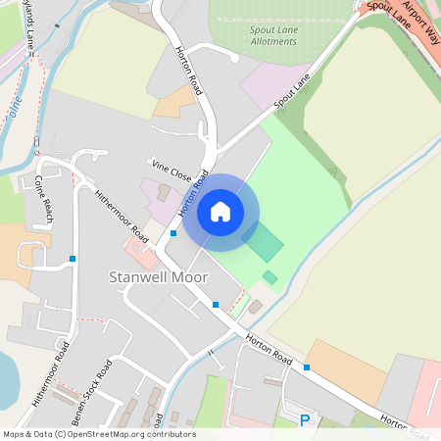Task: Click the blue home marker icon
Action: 220,211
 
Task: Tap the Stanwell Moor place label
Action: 158,278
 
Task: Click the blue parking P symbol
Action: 305,421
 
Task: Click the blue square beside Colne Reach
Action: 73,259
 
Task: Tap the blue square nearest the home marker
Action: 173,233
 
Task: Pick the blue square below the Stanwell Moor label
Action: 216,305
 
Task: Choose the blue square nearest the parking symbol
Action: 307,367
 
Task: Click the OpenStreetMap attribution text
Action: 98,434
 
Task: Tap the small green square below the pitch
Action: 269,277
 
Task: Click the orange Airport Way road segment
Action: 412,39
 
